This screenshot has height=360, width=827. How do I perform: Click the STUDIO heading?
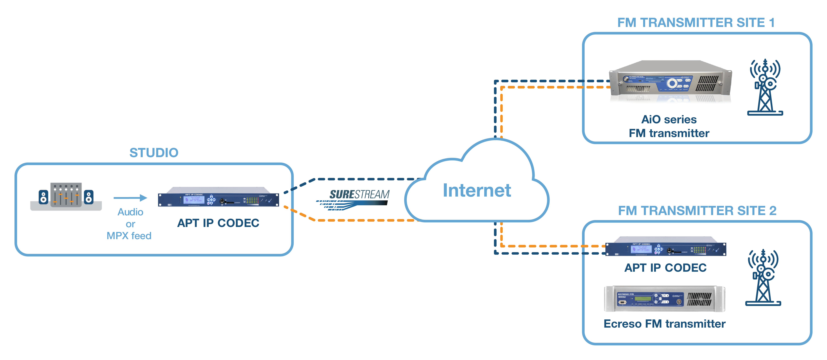[x=154, y=153]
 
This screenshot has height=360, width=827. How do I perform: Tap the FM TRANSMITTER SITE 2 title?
[x=697, y=211]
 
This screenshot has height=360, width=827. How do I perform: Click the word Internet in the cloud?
[x=477, y=191]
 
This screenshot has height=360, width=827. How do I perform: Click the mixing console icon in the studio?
[x=66, y=196]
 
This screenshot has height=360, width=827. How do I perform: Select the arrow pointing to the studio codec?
[x=130, y=198]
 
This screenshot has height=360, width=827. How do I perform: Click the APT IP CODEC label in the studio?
[x=218, y=223]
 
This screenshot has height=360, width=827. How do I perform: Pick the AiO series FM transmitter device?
[x=670, y=83]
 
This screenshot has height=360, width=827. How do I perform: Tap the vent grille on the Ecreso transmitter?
[x=699, y=299]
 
